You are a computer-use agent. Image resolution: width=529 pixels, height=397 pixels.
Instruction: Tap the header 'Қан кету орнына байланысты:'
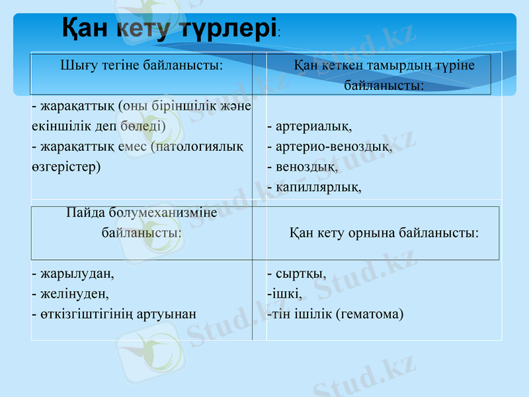click(384, 233)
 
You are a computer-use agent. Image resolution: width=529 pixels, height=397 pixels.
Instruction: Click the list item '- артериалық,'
click(309, 126)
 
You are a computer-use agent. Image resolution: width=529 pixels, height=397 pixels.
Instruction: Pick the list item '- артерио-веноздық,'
click(329, 146)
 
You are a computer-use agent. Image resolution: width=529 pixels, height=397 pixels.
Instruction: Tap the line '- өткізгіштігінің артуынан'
click(114, 314)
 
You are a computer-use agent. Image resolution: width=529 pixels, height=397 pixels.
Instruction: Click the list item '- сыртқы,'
click(296, 273)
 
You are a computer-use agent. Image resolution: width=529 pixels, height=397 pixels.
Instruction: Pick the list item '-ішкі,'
click(284, 293)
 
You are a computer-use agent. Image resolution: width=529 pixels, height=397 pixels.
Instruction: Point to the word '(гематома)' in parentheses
click(370, 314)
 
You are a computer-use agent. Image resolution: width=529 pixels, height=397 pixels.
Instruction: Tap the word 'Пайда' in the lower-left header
click(84, 212)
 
